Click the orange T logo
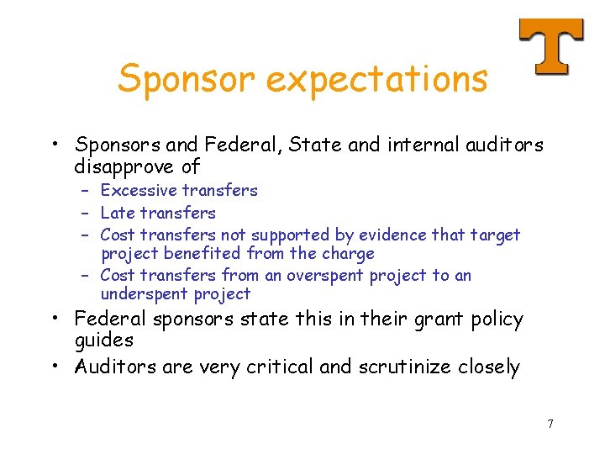pyautogui.click(x=550, y=45)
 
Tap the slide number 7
pyautogui.click(x=550, y=424)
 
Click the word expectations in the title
pyautogui.click(x=376, y=79)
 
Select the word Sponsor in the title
pyautogui.click(x=187, y=79)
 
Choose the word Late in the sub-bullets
pyautogui.click(x=117, y=214)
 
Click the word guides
pyautogui.click(x=104, y=340)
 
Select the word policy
pyautogui.click(x=495, y=319)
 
